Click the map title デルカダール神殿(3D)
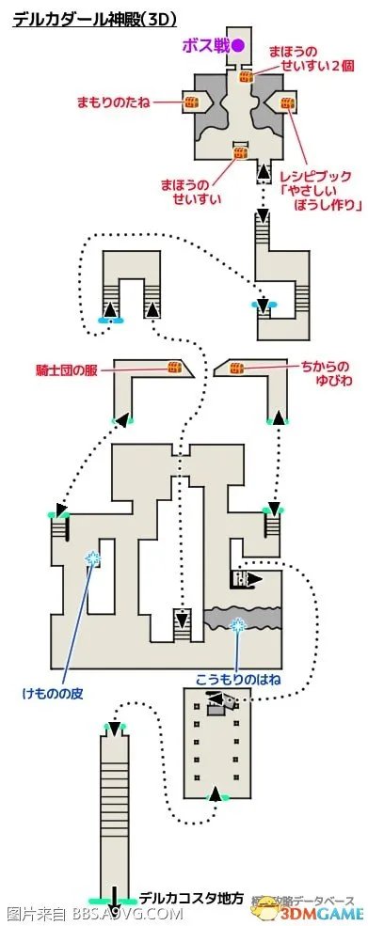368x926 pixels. [x=94, y=18]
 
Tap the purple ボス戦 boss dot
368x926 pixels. [x=239, y=44]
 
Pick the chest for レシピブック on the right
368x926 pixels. [x=287, y=102]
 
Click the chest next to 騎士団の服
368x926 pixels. [x=174, y=368]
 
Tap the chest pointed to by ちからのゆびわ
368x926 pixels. [x=236, y=368]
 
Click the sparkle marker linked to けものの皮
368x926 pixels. [x=92, y=559]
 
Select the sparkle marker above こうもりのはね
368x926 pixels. [x=239, y=624]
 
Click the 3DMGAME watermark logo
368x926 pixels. [x=319, y=909]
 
